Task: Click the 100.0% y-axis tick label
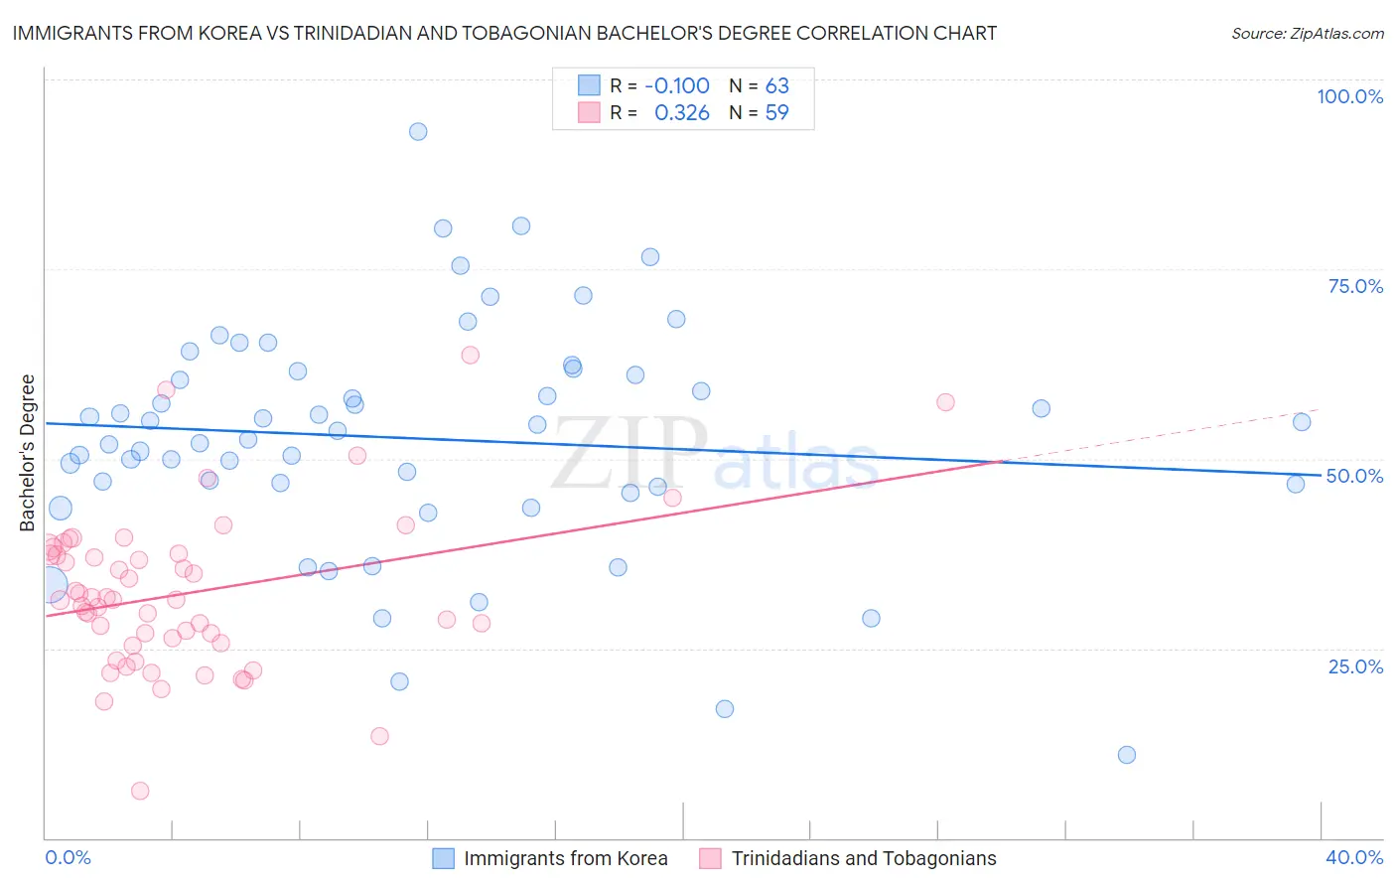click(x=1349, y=96)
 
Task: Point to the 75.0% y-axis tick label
click(x=1355, y=286)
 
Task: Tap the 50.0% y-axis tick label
click(x=1354, y=476)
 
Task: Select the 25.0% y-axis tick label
click(x=1355, y=666)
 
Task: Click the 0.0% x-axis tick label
click(x=68, y=857)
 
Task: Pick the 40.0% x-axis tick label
click(x=1354, y=857)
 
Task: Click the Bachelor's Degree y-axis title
click(x=28, y=453)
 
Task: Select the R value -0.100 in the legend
click(x=676, y=85)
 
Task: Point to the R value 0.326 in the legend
click(x=682, y=113)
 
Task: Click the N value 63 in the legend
click(x=776, y=85)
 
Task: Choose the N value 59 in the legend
click(x=776, y=113)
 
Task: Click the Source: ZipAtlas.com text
click(x=1307, y=34)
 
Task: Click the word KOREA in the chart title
click(x=230, y=33)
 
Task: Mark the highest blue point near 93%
click(x=418, y=132)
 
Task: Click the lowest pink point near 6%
click(x=140, y=791)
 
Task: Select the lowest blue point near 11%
click(x=1126, y=755)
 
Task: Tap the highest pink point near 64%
click(x=471, y=355)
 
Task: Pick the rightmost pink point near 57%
click(x=945, y=402)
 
